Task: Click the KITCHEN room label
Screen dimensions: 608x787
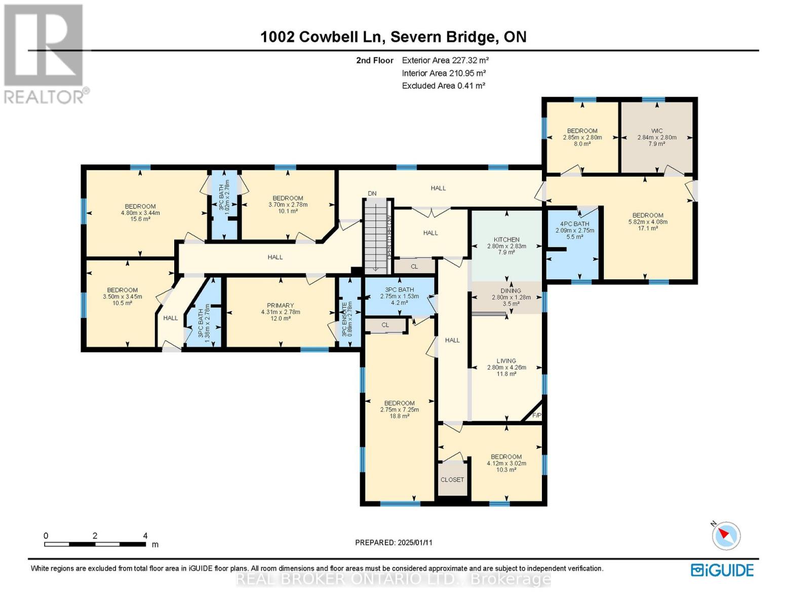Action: [506, 240]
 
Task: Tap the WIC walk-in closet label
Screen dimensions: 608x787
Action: [657, 131]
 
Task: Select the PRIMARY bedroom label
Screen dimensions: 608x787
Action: [280, 306]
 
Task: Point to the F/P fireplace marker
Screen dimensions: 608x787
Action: [537, 415]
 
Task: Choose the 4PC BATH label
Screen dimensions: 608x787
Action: [574, 224]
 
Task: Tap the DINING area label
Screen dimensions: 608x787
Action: [510, 291]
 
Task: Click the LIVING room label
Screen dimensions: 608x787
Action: [506, 361]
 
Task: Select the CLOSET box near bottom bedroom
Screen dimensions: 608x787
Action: [452, 479]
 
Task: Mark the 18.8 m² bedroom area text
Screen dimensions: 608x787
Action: [399, 416]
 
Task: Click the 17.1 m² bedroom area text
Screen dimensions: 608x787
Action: [648, 228]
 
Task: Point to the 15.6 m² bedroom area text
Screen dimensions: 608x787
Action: [140, 219]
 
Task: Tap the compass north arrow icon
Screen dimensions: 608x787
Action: [726, 535]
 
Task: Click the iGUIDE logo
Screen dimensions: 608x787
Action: [722, 570]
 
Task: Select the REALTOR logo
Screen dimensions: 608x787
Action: [45, 53]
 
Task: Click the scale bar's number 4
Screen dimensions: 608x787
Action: [145, 536]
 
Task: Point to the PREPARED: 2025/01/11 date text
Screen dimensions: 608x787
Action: [393, 542]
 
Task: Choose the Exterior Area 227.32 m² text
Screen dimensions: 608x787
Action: [445, 60]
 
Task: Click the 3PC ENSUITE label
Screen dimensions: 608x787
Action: [344, 320]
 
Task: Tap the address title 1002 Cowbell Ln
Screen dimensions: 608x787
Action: [324, 36]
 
